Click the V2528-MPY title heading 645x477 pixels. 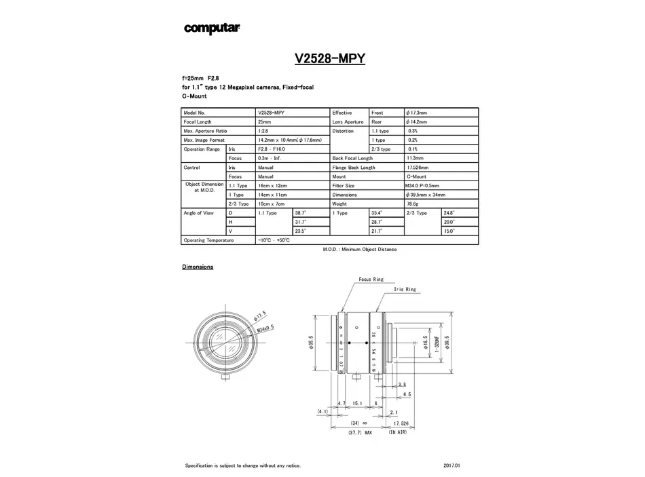[330, 59]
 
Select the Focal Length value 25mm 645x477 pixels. [265, 121]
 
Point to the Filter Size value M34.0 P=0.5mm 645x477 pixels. [422, 185]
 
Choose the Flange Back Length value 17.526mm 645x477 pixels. [417, 167]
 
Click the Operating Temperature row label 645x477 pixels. [208, 240]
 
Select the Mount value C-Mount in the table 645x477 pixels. [416, 176]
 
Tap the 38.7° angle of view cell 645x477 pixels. [300, 213]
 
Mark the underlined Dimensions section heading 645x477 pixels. [198, 267]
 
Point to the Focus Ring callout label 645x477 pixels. [371, 280]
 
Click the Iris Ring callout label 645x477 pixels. [405, 289]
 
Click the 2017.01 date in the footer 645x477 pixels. [451, 465]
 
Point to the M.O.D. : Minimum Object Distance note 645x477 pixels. [360, 250]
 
